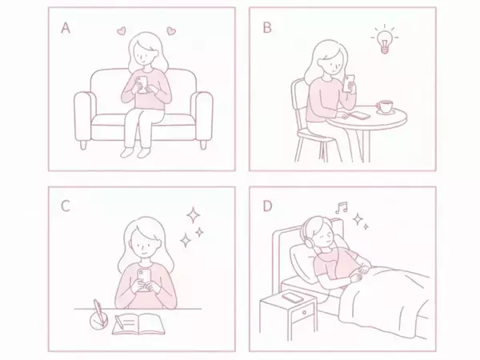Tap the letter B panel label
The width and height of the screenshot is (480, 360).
[x=266, y=28]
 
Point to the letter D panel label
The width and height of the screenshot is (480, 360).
[x=266, y=206]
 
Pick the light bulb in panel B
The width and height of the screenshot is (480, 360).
[x=384, y=41]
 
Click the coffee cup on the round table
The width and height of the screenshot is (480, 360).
[x=384, y=106]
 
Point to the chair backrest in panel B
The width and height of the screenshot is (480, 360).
[x=298, y=100]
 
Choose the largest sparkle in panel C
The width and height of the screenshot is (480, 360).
[x=192, y=214]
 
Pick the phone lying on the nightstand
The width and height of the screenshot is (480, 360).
[x=293, y=298]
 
